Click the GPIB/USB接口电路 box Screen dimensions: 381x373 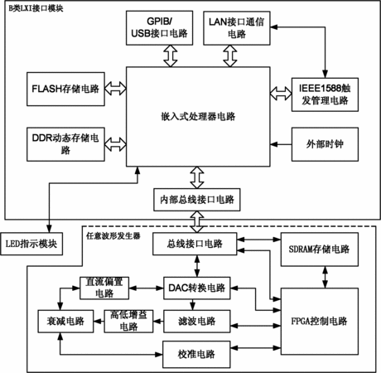pos(159,28)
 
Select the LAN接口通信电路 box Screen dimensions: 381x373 pos(237,28)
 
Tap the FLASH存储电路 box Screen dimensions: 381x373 pos(65,89)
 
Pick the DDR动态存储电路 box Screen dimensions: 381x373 pos(65,144)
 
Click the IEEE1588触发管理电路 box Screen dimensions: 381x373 pos(325,94)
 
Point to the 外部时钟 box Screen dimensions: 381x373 pos(325,144)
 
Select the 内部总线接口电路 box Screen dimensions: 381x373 pos(197,200)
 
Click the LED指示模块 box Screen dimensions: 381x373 pos(31,244)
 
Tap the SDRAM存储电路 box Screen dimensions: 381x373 pos(320,249)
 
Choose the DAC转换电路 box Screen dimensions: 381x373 pos(197,288)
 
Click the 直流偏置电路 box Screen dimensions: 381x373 pos(104,288)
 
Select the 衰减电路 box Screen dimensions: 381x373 pos(65,321)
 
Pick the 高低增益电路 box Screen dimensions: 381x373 pos(128,321)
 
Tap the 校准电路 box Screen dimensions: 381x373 pos(196,354)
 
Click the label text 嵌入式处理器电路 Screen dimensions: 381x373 pos(198,116)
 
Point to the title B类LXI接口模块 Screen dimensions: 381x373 pos(36,8)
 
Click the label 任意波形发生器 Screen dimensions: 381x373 pos(113,236)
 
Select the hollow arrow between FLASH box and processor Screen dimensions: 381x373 pos(115,89)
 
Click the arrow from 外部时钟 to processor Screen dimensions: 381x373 pos(281,144)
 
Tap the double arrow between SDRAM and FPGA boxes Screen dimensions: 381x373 pos(326,277)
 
